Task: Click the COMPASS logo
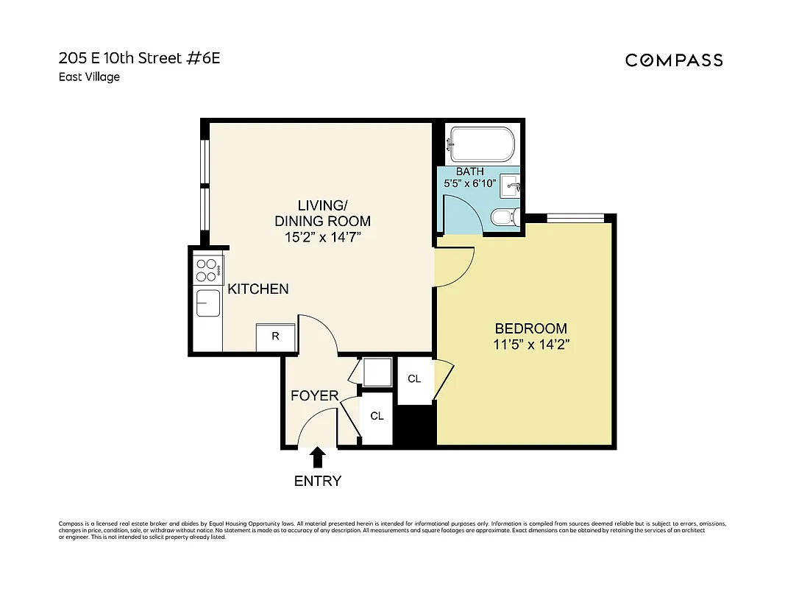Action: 674,60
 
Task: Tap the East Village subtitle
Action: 89,77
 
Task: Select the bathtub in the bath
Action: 482,145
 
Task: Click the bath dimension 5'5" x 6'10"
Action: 469,183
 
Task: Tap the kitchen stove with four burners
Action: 208,270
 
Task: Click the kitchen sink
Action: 207,303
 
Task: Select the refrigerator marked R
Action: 275,336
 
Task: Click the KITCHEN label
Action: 257,289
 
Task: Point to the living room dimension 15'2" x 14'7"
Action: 322,237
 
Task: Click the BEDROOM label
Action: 530,328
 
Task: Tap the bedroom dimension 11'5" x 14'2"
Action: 530,344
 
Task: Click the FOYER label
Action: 314,396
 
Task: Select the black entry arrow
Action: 318,459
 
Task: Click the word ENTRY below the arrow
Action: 318,482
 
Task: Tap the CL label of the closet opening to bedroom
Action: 414,378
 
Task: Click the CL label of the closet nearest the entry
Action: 377,416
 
